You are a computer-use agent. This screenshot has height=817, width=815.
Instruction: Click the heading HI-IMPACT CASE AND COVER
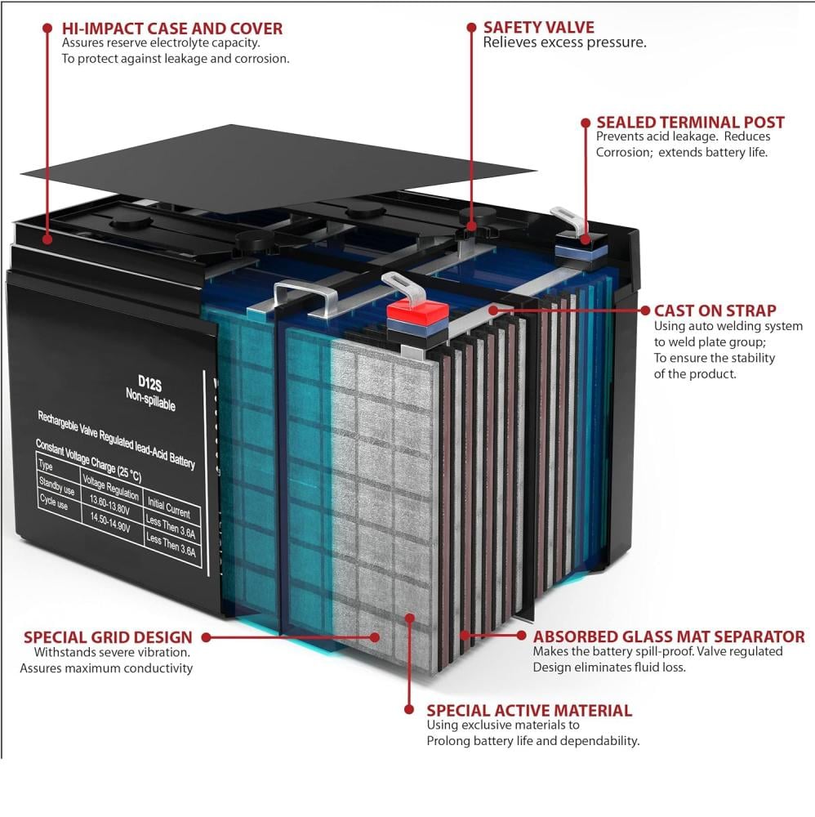pyautogui.click(x=172, y=29)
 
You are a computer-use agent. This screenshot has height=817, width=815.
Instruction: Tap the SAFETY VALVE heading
pyautogui.click(x=538, y=27)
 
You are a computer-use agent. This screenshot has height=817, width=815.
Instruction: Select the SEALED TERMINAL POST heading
pyautogui.click(x=690, y=123)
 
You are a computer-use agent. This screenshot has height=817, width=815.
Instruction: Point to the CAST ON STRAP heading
pyautogui.click(x=715, y=310)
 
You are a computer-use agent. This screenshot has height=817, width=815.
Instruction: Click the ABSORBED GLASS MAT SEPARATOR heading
pyautogui.click(x=669, y=636)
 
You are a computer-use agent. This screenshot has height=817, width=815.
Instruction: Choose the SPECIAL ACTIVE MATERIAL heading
pyautogui.click(x=529, y=711)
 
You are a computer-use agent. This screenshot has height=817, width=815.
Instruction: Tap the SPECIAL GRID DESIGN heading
pyautogui.click(x=108, y=637)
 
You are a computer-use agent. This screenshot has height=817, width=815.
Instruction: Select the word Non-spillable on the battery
pyautogui.click(x=150, y=400)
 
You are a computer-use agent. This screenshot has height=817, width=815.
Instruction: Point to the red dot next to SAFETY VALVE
pyautogui.click(x=471, y=27)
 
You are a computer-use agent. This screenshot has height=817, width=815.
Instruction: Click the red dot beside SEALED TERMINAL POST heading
pyautogui.click(x=586, y=123)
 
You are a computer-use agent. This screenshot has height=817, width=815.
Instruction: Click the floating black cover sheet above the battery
pyautogui.click(x=278, y=163)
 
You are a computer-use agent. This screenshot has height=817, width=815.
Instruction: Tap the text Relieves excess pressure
pyautogui.click(x=564, y=42)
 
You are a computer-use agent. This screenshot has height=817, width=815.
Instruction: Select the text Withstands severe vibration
pyautogui.click(x=112, y=652)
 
